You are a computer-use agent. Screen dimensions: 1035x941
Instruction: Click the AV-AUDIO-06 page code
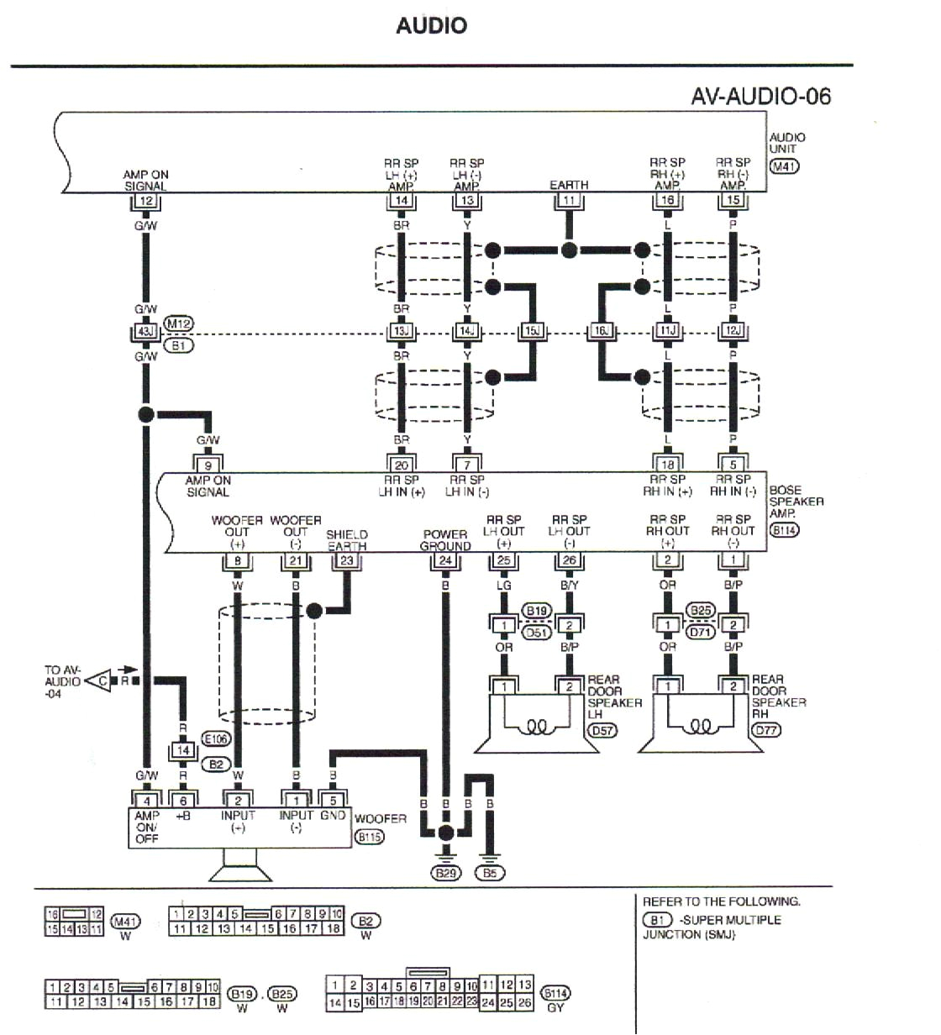pos(760,96)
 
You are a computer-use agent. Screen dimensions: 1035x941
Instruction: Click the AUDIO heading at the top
pos(431,26)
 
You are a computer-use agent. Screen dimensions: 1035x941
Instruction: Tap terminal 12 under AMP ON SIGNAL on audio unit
pos(146,201)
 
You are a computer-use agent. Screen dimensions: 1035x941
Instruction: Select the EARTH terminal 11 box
pos(569,201)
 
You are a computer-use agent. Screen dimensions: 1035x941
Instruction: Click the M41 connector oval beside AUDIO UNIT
pos(785,166)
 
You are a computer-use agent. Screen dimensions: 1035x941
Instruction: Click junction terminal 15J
pos(532,332)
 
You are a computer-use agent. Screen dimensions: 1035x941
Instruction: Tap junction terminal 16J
pos(601,332)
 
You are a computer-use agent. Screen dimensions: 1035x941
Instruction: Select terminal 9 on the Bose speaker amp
pos(208,465)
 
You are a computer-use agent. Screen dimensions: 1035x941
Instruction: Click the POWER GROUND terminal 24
pos(445,560)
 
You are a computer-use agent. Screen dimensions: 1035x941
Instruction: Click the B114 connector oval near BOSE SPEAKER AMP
pos(785,530)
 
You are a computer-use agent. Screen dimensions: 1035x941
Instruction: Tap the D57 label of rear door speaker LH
pos(602,730)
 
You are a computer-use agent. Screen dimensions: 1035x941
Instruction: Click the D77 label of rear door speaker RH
pos(766,730)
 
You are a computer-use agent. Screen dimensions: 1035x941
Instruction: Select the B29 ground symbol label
pos(446,873)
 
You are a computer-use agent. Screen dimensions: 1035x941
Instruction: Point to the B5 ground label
pos(491,873)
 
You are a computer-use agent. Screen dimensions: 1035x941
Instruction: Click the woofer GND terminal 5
pos(333,800)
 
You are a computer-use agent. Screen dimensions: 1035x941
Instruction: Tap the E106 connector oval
pos(216,739)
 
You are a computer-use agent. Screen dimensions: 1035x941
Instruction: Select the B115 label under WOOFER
pos(370,837)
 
